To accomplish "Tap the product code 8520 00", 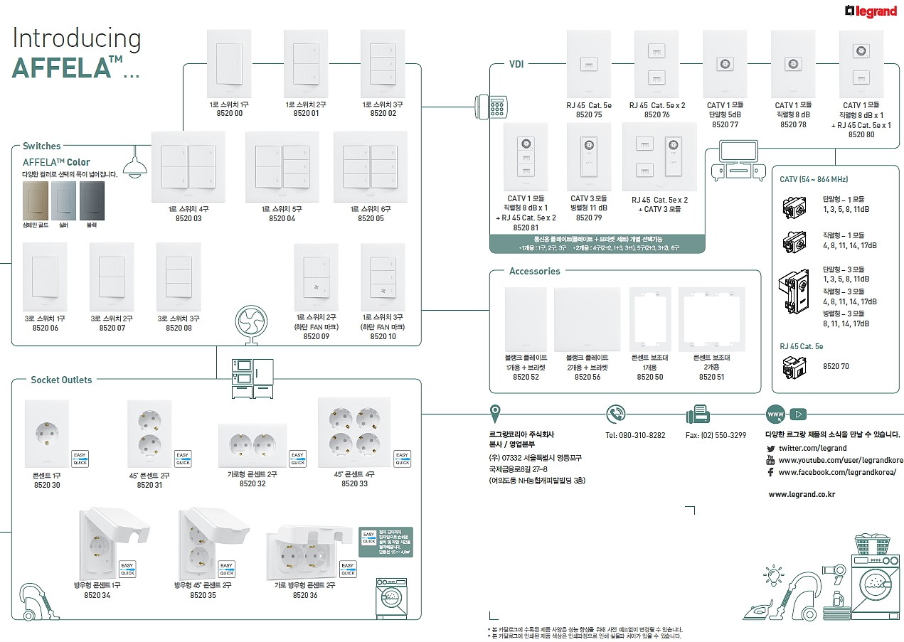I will (228, 113).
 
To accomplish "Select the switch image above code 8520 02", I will (382, 63).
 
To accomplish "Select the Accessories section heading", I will (534, 271).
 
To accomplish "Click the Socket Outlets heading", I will (61, 380).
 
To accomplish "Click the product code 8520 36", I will (305, 595).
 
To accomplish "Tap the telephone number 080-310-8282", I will (635, 435).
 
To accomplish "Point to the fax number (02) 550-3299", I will (716, 435).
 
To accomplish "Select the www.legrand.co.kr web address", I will (802, 493).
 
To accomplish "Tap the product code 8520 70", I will (835, 366).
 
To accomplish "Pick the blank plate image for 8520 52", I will (526, 319).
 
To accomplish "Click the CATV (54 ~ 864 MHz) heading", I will (814, 179).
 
